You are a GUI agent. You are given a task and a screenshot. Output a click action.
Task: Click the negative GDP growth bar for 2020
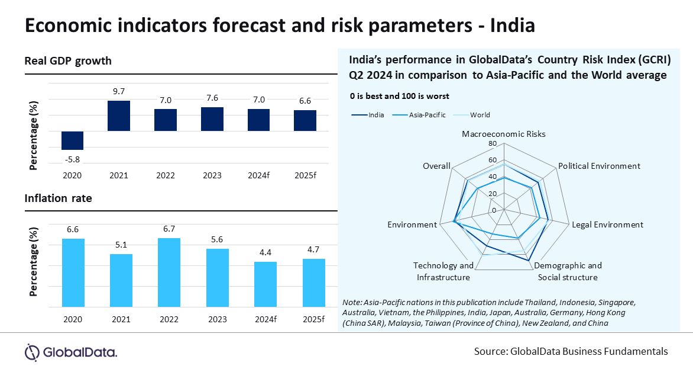72,140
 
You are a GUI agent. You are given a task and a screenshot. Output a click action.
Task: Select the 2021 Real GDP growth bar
119,116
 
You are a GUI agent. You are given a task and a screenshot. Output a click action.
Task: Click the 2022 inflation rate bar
169,272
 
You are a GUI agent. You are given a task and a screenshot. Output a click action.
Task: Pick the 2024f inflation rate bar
265,284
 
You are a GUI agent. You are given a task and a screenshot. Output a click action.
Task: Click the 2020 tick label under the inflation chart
72,319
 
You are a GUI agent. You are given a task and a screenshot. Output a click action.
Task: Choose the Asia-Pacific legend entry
427,115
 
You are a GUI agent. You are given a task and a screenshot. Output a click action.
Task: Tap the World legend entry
480,115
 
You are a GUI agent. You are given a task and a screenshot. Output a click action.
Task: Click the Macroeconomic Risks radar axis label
504,134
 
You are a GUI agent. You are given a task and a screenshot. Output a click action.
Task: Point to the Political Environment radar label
599,166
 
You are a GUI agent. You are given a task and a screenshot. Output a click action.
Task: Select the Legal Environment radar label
607,225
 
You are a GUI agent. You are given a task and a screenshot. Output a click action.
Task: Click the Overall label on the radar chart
436,166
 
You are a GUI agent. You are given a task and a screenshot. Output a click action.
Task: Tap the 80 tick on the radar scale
493,143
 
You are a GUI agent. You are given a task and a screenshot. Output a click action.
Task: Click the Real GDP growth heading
68,61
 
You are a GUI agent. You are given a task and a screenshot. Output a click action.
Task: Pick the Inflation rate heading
58,198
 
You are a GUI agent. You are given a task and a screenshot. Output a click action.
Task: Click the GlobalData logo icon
32,352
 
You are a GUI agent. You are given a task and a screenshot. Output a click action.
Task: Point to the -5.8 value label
72,159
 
